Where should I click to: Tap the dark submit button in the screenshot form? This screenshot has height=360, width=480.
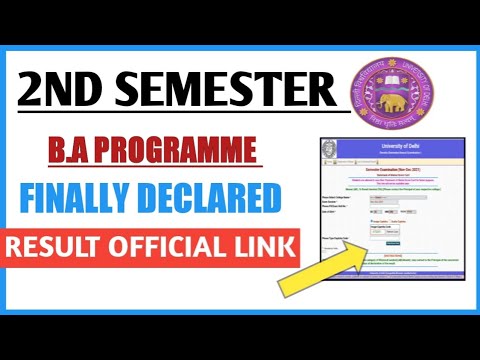point(394,243)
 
